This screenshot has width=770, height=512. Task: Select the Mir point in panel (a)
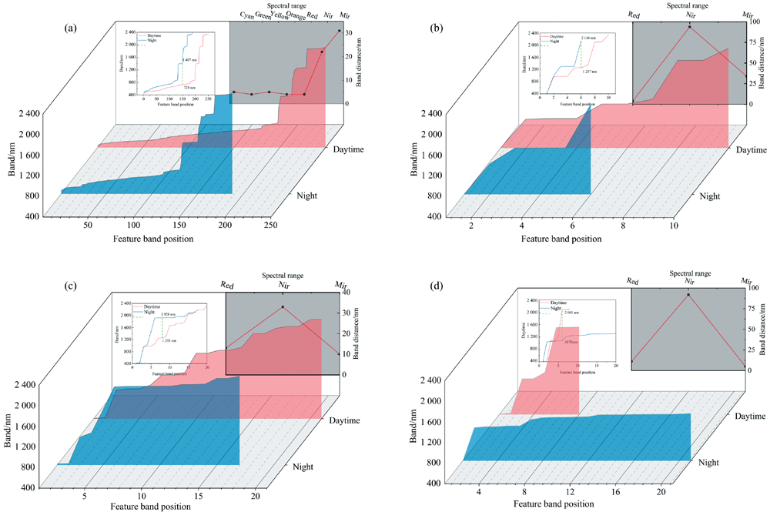pos(340,31)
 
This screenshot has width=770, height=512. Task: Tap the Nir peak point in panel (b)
pos(690,27)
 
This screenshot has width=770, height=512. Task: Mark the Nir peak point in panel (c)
pos(283,307)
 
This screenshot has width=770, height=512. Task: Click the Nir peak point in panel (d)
pos(688,295)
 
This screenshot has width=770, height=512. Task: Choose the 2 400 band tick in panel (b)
pos(427,113)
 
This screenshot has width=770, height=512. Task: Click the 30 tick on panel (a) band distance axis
pos(348,32)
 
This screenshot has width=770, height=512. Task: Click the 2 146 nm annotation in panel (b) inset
pos(589,37)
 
